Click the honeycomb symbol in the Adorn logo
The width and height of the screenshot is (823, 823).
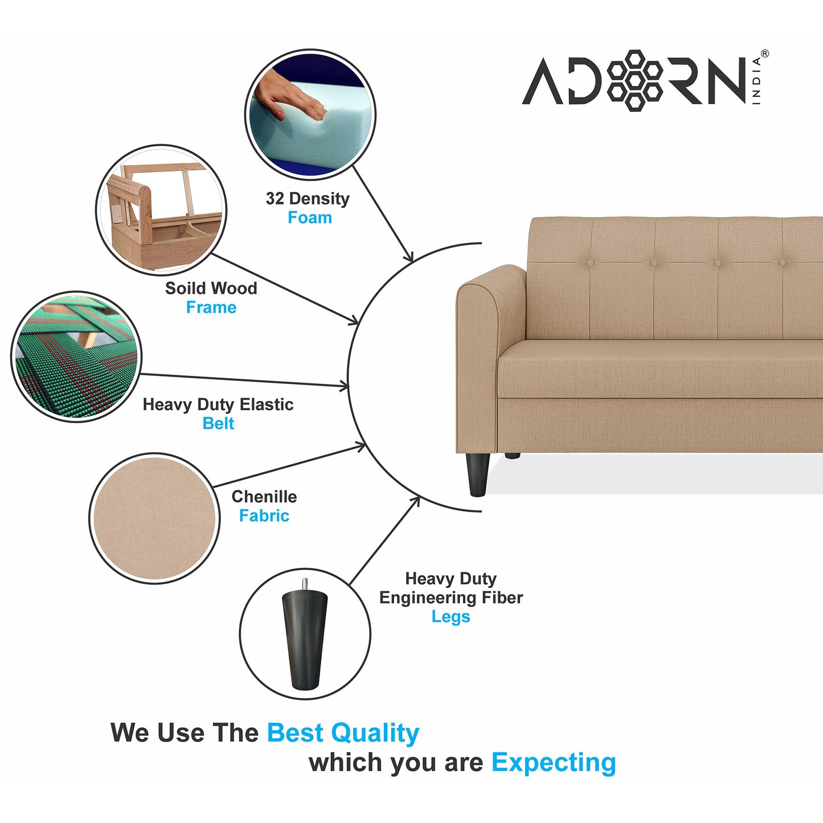(x=634, y=80)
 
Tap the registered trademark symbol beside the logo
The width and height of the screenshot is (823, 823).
(x=764, y=54)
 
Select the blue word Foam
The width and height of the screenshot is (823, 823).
(x=309, y=218)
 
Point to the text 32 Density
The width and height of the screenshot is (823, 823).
(x=308, y=199)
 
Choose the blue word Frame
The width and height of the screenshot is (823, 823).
(x=211, y=308)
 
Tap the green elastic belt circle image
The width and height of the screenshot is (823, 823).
(x=76, y=357)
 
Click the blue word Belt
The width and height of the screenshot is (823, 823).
(x=218, y=424)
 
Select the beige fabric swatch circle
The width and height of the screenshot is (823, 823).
(x=154, y=518)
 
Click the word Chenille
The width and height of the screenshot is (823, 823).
(x=264, y=497)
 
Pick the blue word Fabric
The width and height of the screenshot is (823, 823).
(x=264, y=516)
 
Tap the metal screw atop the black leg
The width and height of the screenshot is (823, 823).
(x=305, y=584)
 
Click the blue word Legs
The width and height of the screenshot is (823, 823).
(x=451, y=617)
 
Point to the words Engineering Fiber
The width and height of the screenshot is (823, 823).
(x=451, y=598)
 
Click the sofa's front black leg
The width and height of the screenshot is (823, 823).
(x=477, y=474)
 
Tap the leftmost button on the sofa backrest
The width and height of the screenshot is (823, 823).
(x=591, y=263)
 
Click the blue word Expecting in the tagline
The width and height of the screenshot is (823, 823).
(x=554, y=762)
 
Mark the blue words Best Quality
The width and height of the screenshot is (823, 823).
(x=343, y=733)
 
